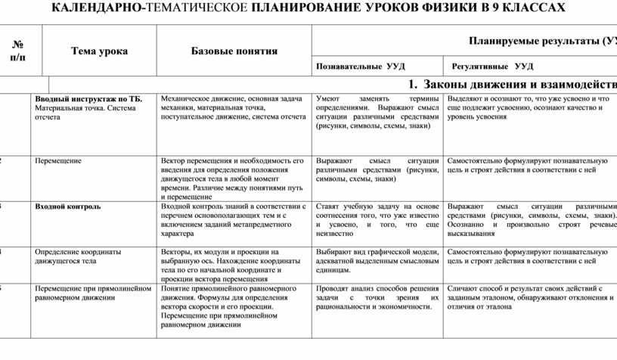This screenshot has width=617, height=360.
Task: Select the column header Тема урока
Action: coord(99,51)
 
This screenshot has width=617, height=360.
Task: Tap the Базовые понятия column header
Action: coord(234,51)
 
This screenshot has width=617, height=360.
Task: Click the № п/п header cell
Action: coord(17,51)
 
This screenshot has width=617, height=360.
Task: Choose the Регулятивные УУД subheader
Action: coord(492,67)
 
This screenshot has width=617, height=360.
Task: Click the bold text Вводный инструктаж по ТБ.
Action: coord(88,99)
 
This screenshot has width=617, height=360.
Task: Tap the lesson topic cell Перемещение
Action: coord(59,161)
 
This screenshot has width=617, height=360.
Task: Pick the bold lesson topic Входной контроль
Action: coord(68,206)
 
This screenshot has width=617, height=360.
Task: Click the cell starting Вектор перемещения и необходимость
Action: coord(234,178)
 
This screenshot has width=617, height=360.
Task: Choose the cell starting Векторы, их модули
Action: coord(234,265)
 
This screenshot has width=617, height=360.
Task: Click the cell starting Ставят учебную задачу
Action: coord(377,219)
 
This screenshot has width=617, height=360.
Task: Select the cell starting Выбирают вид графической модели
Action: coord(377,260)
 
